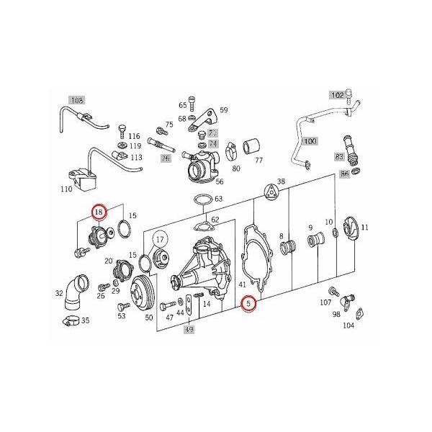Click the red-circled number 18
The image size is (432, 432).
point(99,212)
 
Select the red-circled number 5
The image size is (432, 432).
point(249,305)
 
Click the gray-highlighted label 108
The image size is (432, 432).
point(77,100)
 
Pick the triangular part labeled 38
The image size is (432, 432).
point(271,190)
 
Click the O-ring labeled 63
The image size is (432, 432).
point(202,199)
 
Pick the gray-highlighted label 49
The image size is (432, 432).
point(190,330)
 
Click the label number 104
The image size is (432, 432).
point(348,325)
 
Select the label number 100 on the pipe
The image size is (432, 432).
point(309,141)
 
